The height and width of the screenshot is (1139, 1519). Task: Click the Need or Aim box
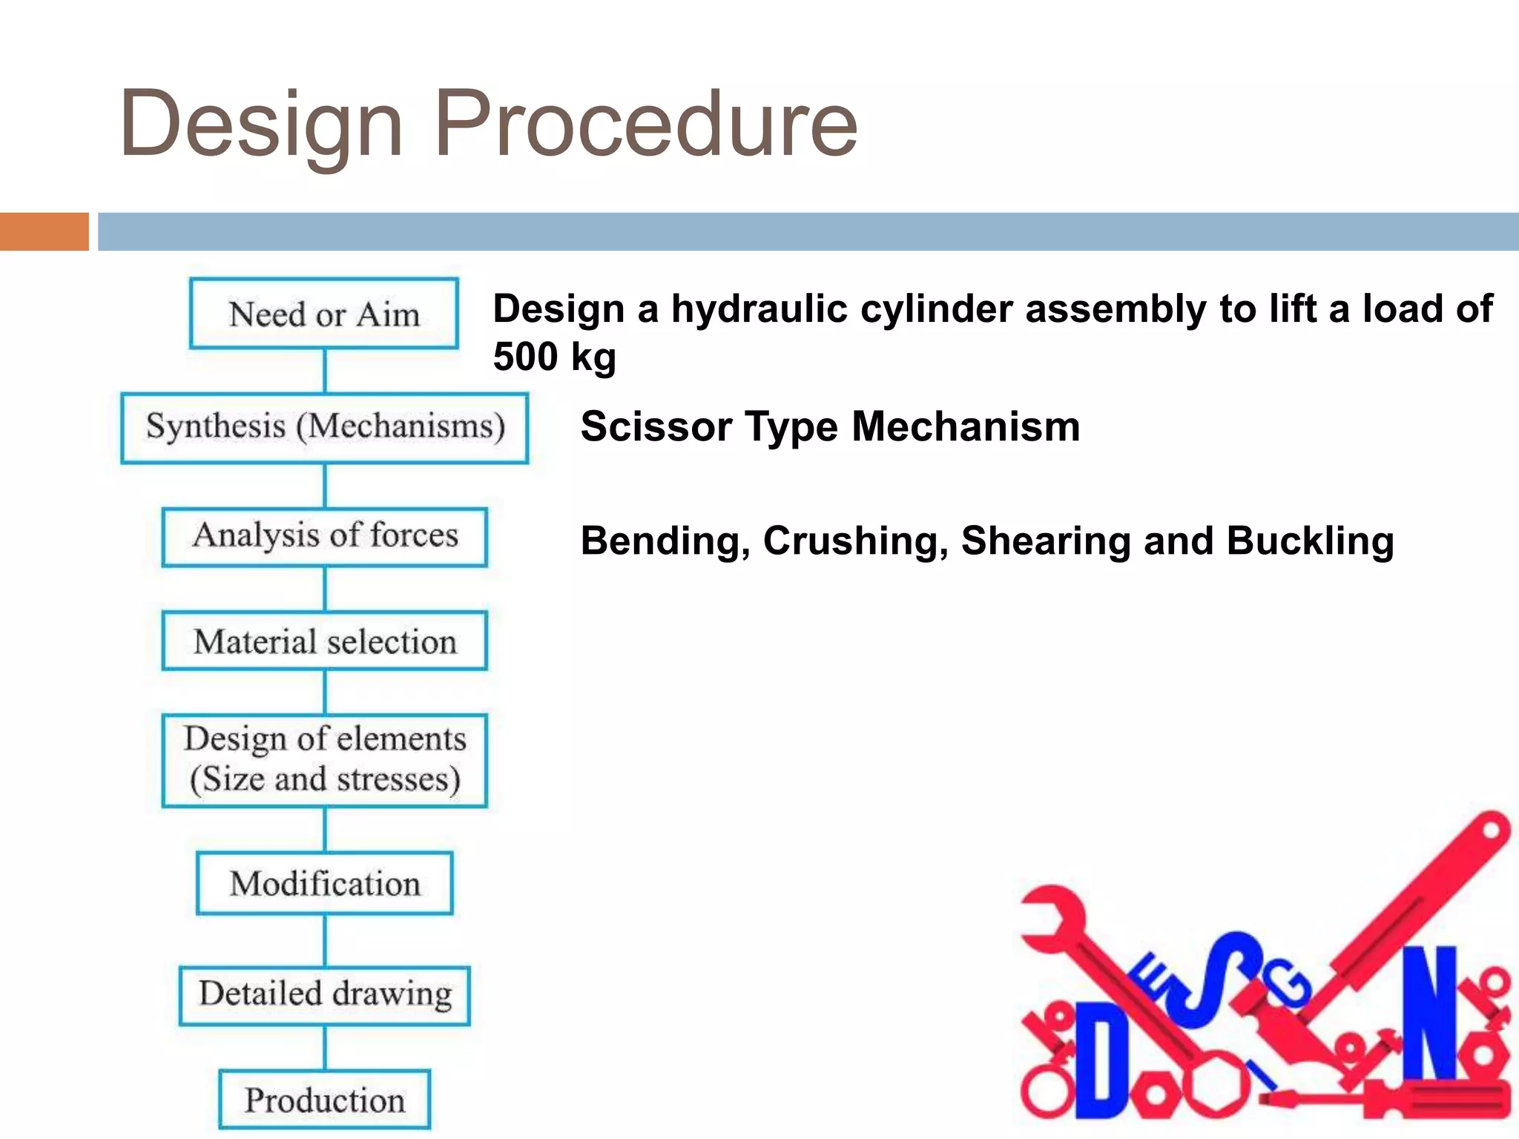pyautogui.click(x=324, y=314)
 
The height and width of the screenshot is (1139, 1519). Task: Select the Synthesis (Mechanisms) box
pyautogui.click(x=325, y=428)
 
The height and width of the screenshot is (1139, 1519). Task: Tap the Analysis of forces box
pyautogui.click(x=325, y=537)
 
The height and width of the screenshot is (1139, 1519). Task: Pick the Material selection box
pyautogui.click(x=325, y=641)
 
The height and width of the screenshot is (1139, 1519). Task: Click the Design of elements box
pyautogui.click(x=325, y=760)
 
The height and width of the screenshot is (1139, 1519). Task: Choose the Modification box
pyautogui.click(x=325, y=883)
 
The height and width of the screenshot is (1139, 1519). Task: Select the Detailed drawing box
pyautogui.click(x=325, y=995)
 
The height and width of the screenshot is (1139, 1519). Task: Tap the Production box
pyautogui.click(x=325, y=1100)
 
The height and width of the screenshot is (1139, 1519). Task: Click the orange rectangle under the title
pyautogui.click(x=45, y=231)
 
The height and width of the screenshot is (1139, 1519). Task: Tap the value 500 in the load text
pyautogui.click(x=525, y=357)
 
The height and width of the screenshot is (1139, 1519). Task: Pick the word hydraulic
pyautogui.click(x=759, y=309)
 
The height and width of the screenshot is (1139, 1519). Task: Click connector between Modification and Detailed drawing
pyautogui.click(x=325, y=940)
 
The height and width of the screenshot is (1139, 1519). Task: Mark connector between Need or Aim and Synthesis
pyautogui.click(x=325, y=370)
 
